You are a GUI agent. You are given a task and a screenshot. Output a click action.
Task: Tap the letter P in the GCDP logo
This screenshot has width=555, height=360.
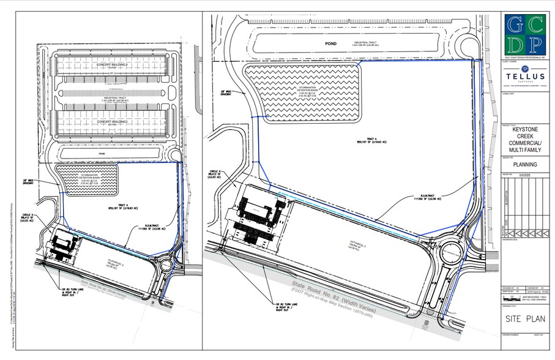click(x=537, y=45)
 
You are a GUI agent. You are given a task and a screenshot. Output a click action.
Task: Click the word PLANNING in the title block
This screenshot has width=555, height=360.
click(x=525, y=164)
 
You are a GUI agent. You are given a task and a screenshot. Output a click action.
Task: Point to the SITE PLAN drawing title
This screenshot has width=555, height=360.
click(x=524, y=318)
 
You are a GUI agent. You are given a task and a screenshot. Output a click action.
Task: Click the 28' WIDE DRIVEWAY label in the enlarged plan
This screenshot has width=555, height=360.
click(x=229, y=93)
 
